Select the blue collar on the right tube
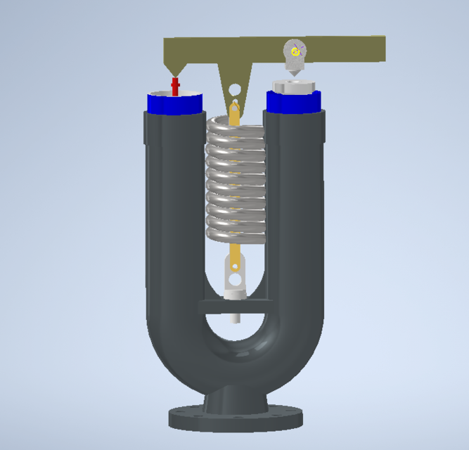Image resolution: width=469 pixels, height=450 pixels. coord(295,102)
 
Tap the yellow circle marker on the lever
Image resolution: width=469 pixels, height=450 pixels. coord(296,51)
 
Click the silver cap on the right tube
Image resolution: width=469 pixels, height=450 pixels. coord(294,86)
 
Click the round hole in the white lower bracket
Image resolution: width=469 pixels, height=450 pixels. coord(235,266)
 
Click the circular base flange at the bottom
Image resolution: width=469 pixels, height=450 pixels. coord(236,419)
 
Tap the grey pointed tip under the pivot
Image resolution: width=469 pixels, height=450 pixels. coord(293,72)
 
